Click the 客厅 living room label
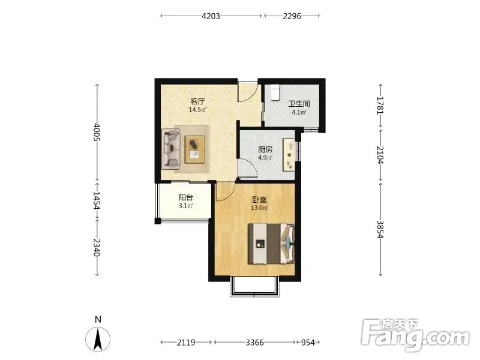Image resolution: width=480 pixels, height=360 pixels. (197, 101)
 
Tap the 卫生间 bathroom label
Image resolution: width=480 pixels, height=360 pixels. (299, 104)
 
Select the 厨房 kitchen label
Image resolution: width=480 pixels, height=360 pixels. (265, 149)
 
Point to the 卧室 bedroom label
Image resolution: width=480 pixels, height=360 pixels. (259, 200)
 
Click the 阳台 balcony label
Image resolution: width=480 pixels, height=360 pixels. (185, 197)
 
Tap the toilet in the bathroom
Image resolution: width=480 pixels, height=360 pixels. (275, 92)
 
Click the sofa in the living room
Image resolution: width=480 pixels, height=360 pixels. (171, 148)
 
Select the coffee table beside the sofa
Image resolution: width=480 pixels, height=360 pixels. (195, 149)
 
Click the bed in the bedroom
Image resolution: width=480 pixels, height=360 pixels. (271, 244)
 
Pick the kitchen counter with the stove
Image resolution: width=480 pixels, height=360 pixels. (289, 155)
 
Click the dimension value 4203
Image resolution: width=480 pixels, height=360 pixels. (211, 16)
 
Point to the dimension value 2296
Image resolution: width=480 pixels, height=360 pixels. (292, 16)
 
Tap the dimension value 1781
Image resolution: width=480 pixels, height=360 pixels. (380, 106)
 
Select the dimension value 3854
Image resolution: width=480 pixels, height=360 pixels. (380, 229)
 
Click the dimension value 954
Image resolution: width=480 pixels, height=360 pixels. (308, 343)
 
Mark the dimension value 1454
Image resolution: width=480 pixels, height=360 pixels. (97, 201)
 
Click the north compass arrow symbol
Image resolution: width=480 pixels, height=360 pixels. (98, 339)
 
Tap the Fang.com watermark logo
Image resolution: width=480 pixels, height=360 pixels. (415, 335)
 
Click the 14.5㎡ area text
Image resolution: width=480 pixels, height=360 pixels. (197, 110)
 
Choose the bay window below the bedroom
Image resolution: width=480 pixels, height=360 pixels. (254, 287)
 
